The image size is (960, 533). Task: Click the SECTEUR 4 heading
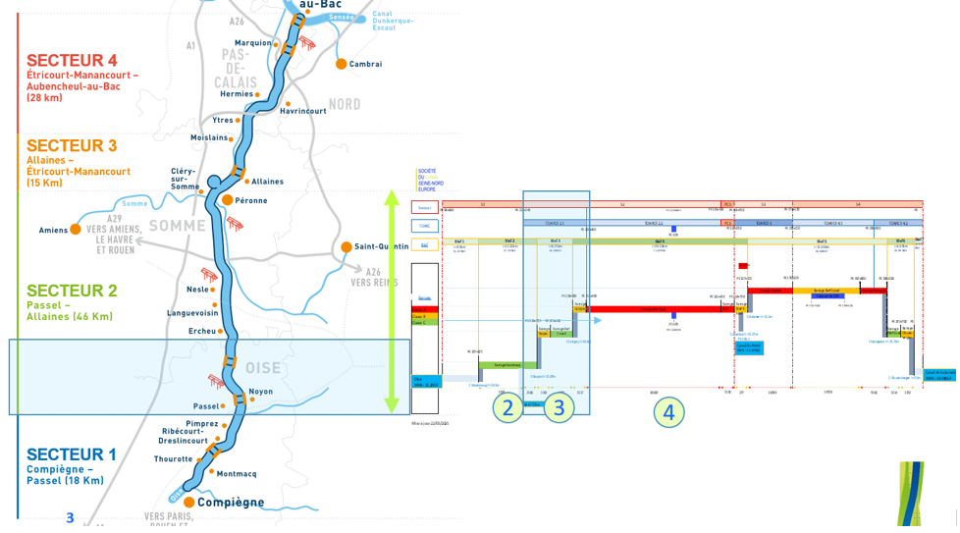pyautogui.click(x=72, y=60)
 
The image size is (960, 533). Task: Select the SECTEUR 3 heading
pyautogui.click(x=72, y=145)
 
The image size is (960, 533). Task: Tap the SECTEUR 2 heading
pyautogui.click(x=72, y=291)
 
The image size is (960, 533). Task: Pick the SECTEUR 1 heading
pyautogui.click(x=72, y=454)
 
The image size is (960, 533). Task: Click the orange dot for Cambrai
pyautogui.click(x=342, y=64)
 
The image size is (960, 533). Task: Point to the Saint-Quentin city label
pyautogui.click(x=381, y=246)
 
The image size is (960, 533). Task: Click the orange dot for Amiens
pyautogui.click(x=76, y=231)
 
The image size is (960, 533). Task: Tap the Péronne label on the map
pyautogui.click(x=258, y=200)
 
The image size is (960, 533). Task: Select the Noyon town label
pyautogui.click(x=261, y=392)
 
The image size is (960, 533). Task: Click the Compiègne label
pyautogui.click(x=231, y=503)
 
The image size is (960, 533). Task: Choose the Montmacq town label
pyautogui.click(x=236, y=474)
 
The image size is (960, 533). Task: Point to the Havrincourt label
pyautogui.click(x=302, y=111)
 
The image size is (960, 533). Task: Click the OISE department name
pyautogui.click(x=263, y=367)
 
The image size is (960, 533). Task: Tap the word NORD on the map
pyautogui.click(x=345, y=105)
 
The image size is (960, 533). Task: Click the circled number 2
pyautogui.click(x=507, y=408)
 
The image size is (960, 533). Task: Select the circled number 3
pyautogui.click(x=559, y=408)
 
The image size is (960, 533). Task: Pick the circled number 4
pyautogui.click(x=668, y=413)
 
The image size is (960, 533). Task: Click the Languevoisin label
pyautogui.click(x=194, y=313)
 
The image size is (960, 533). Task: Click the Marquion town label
pyautogui.click(x=252, y=43)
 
